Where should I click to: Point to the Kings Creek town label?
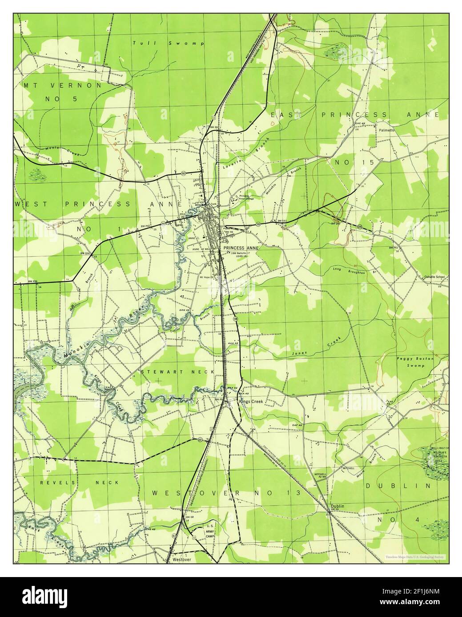coord(251,401)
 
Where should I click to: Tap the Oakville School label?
coord(434,277)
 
